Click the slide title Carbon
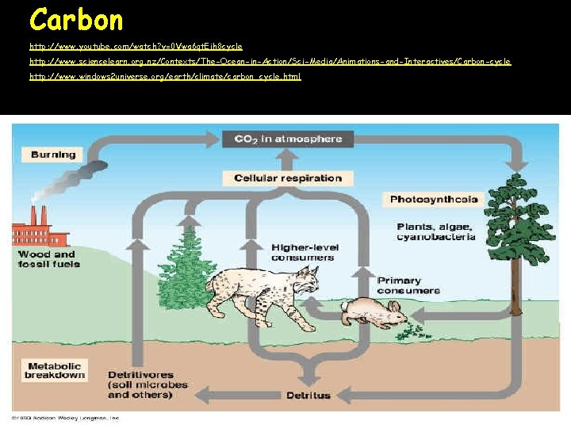[76, 19]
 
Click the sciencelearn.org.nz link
[270, 61]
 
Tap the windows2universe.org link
[165, 77]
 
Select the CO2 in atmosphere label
[288, 139]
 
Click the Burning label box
[53, 155]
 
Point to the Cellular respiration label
[288, 178]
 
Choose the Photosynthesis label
[434, 199]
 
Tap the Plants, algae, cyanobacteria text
[436, 231]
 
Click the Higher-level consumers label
[302, 252]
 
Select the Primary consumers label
[409, 285]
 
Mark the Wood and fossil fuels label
[49, 258]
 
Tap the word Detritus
[307, 395]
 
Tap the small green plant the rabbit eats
[412, 327]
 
